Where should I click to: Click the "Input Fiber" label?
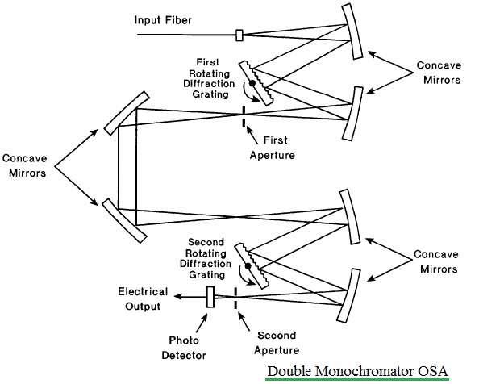[163, 20]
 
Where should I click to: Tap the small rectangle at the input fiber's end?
[240, 35]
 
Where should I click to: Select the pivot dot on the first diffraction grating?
[252, 83]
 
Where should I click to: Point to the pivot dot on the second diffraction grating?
[248, 266]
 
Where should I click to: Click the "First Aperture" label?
[273, 148]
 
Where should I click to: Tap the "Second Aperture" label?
[277, 343]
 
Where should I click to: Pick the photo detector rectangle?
[210, 297]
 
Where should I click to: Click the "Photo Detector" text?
[184, 348]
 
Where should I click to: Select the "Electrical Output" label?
[143, 298]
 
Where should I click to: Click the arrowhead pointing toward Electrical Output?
[177, 296]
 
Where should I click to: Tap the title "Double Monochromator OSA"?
[357, 371]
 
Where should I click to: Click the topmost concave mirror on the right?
[352, 31]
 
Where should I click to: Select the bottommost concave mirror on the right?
[349, 295]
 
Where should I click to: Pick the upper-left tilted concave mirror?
[127, 113]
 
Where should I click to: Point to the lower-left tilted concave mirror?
[125, 220]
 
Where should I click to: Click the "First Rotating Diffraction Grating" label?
[209, 78]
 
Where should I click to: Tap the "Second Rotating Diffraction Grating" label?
[206, 258]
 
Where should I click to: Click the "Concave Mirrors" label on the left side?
[24, 165]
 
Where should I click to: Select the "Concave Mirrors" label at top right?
[439, 73]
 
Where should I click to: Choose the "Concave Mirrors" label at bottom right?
[436, 262]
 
